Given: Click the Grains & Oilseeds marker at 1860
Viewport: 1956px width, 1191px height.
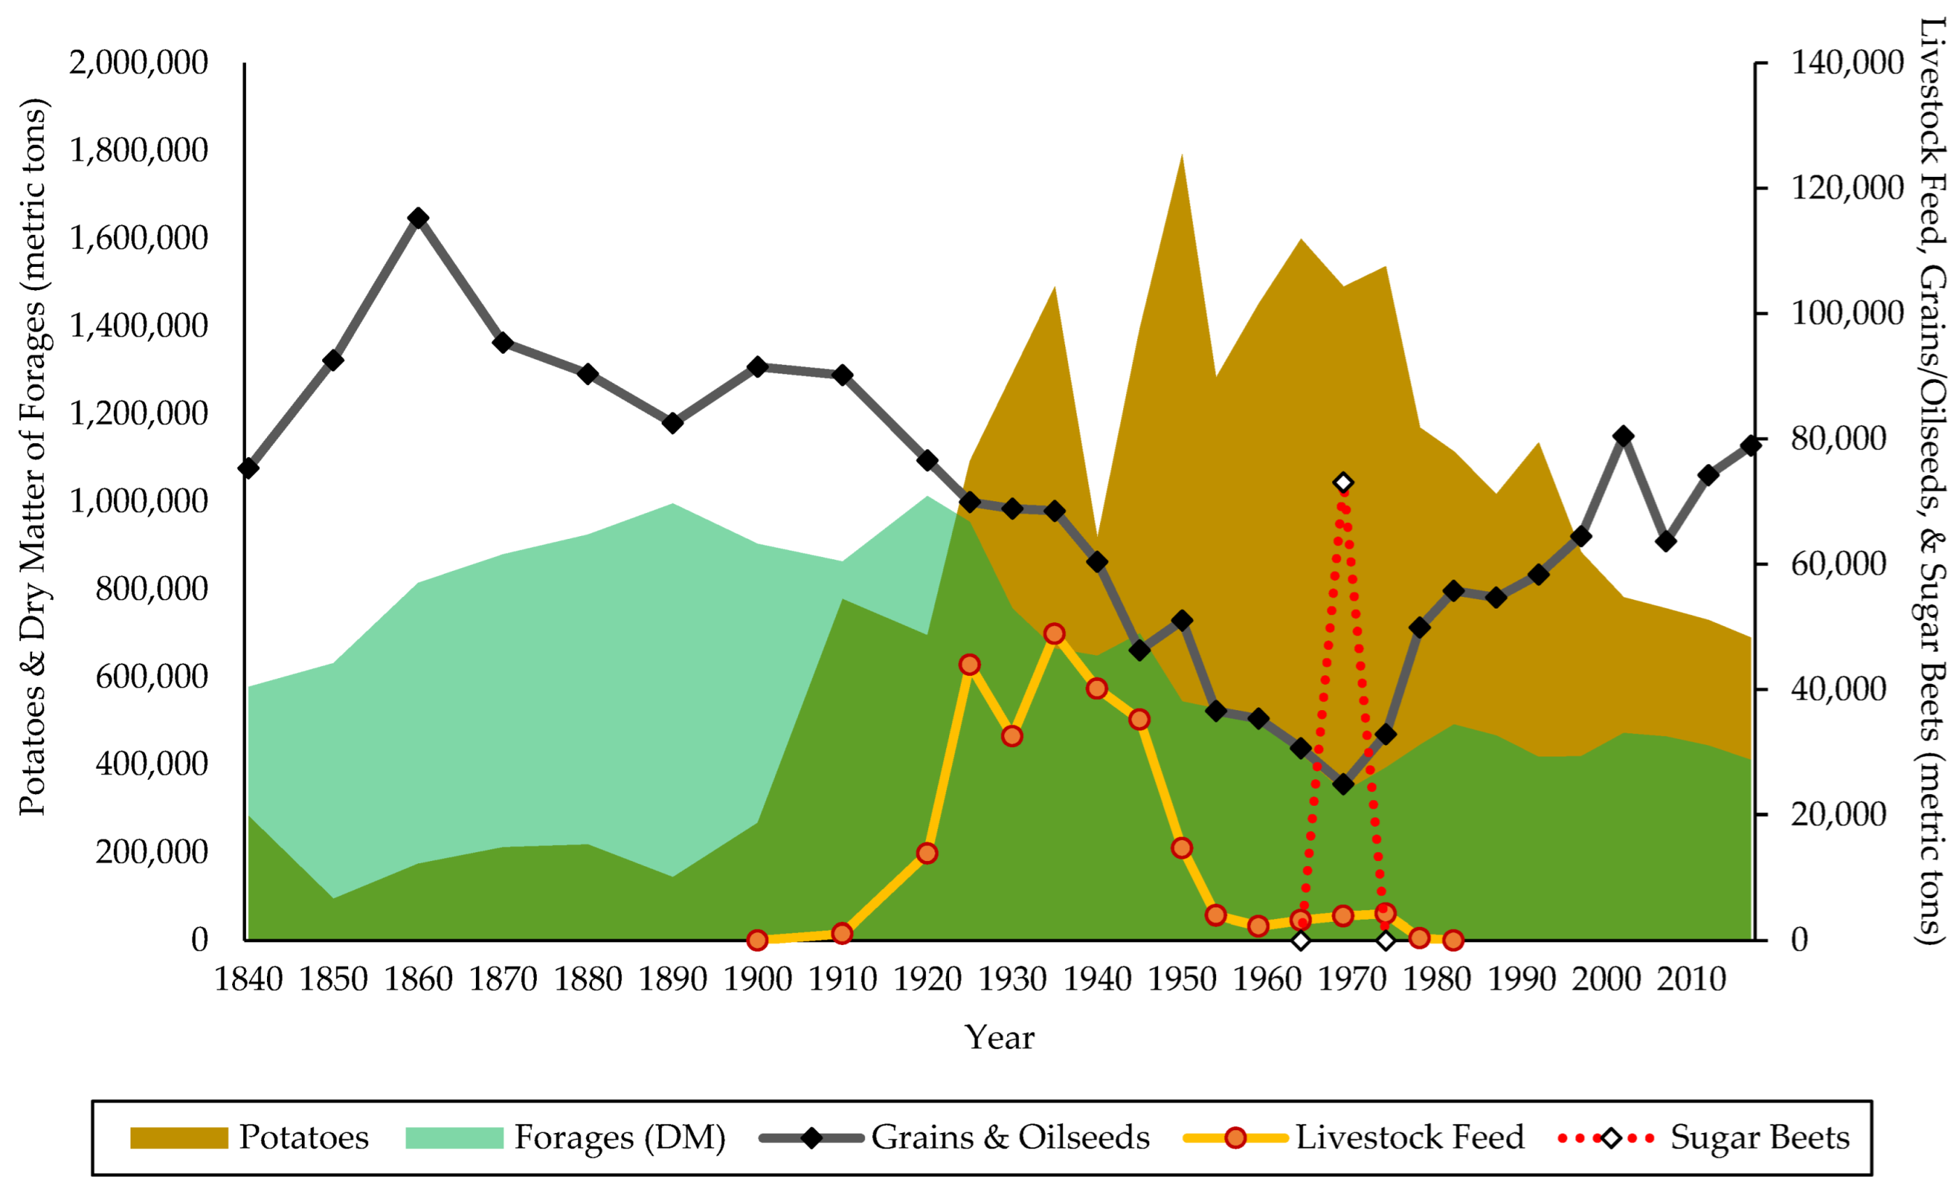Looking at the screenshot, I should pos(419,218).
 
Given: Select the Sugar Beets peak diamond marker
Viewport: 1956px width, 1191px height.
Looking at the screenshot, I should pos(1343,482).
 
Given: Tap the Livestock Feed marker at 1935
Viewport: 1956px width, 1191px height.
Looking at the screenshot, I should pos(1054,633).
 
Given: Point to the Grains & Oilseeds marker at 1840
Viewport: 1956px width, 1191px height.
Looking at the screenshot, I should pos(248,468).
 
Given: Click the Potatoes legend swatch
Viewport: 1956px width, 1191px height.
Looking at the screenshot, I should pos(178,1138).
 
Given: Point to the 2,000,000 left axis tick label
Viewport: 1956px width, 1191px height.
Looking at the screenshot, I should pos(139,62).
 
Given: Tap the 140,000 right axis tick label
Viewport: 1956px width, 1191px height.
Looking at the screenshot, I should pos(1847,62).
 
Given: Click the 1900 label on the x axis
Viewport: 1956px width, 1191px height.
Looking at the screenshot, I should pos(757,980).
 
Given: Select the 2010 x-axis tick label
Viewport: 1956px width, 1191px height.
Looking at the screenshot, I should pos(1692,980).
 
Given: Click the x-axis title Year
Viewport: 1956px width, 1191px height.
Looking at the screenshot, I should pos(1000,1038).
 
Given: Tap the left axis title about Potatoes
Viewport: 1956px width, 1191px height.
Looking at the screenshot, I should pos(33,457).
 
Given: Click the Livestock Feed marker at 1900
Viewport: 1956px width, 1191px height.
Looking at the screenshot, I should pos(757,940).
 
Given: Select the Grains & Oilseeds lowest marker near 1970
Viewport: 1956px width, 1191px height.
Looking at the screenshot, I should pos(1343,785).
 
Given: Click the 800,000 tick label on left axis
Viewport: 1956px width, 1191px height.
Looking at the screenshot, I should pos(151,589).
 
